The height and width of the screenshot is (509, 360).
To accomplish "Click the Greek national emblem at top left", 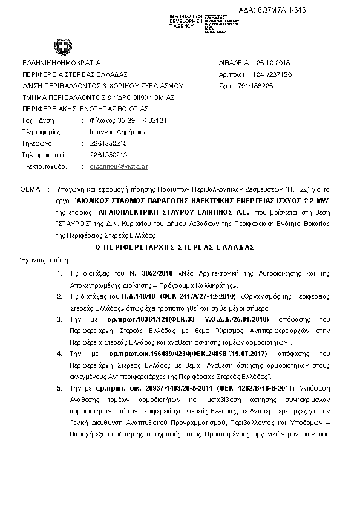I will [x=61, y=47].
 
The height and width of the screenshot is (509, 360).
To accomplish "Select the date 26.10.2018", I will [x=273, y=63].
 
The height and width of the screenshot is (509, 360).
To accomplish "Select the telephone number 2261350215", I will [x=108, y=143].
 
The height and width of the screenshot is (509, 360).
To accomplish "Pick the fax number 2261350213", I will [x=108, y=154].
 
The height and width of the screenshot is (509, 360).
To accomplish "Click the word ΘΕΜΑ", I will [x=31, y=189].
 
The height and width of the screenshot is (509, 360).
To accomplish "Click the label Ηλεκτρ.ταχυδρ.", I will [x=44, y=166].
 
